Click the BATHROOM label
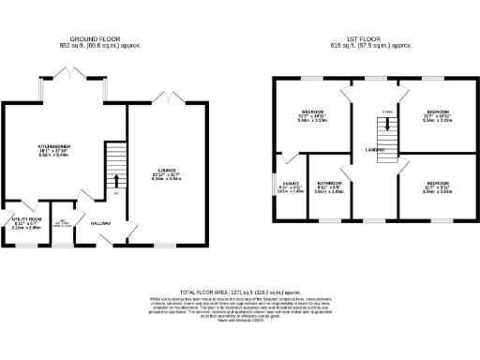coord(328,183)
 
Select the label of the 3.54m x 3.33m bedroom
coord(437,112)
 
